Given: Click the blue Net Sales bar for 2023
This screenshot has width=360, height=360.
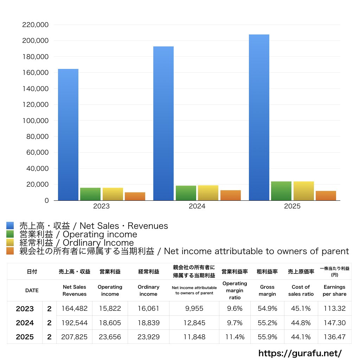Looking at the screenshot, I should pyautogui.click(x=68, y=135).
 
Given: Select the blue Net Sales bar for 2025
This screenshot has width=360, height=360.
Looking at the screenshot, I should pyautogui.click(x=259, y=117).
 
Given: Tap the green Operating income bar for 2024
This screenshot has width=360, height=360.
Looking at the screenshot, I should pyautogui.click(x=186, y=193).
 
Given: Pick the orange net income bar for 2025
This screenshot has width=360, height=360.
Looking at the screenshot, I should pyautogui.click(x=326, y=195).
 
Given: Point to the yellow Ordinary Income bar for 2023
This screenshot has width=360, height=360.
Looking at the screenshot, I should pyautogui.click(x=113, y=194).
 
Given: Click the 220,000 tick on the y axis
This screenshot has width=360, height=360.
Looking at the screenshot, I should pyautogui.click(x=36, y=25).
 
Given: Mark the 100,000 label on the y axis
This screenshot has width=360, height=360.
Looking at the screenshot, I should pyautogui.click(x=36, y=121).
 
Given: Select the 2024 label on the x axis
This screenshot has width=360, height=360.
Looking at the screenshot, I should pyautogui.click(x=197, y=206).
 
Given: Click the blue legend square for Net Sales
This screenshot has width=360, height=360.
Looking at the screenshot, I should pyautogui.click(x=10, y=226).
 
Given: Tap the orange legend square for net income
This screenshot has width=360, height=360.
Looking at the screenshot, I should pyautogui.click(x=10, y=251).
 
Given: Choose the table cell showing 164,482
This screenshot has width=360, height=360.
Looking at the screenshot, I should pyautogui.click(x=75, y=309).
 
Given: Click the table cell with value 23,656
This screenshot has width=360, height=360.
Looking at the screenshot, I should pyautogui.click(x=110, y=337).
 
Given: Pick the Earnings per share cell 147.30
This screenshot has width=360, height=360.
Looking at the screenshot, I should pyautogui.click(x=334, y=323).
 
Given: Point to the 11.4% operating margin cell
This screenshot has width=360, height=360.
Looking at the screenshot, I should pyautogui.click(x=234, y=337).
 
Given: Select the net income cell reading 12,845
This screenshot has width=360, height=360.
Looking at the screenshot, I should pyautogui.click(x=194, y=323).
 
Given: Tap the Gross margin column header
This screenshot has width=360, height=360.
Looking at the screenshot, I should pyautogui.click(x=267, y=290).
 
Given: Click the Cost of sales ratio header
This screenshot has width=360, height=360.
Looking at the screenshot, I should pyautogui.click(x=301, y=290).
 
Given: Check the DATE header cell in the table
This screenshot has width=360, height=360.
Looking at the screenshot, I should pyautogui.click(x=32, y=290).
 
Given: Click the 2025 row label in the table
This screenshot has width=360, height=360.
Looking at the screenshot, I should pyautogui.click(x=25, y=337).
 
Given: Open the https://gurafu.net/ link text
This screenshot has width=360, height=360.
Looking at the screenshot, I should pyautogui.click(x=300, y=353).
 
